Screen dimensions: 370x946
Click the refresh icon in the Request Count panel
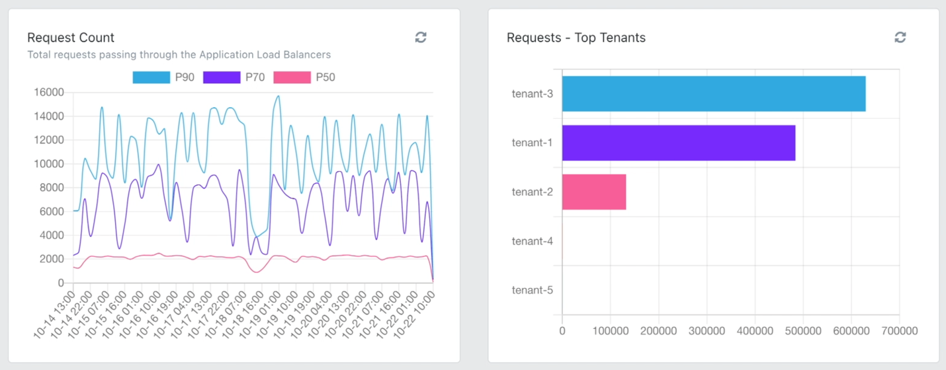coord(421,38)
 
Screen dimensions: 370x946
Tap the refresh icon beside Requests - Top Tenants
coord(900,38)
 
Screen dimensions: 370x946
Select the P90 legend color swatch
coord(151,77)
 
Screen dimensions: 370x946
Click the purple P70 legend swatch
coord(222,77)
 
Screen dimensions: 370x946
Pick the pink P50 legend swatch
coord(292,77)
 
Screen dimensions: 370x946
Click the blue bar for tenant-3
coord(713,94)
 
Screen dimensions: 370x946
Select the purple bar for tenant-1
coord(678,143)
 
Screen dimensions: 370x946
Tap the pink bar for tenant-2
coord(593,192)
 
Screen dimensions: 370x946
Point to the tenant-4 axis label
coord(532,241)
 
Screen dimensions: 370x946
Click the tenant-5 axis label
coord(532,290)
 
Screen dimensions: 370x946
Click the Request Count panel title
coord(71,38)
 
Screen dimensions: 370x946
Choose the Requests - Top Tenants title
coord(576,38)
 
